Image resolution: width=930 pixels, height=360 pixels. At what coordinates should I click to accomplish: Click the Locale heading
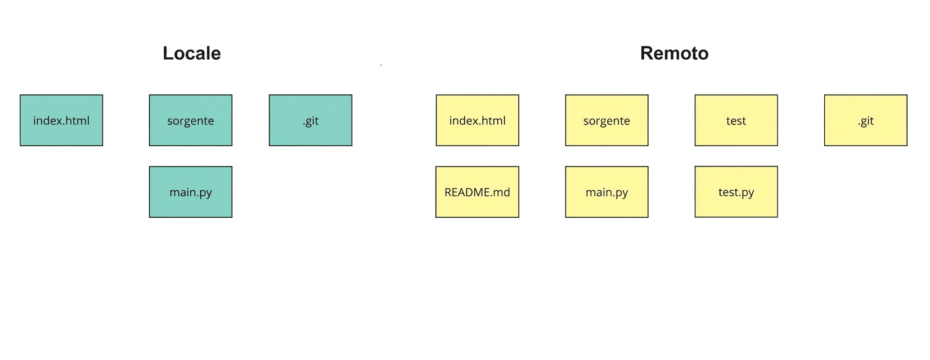pos(191,53)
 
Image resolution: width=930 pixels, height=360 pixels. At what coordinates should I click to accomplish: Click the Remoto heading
pos(674,53)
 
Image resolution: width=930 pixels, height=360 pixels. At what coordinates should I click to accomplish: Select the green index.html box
pos(61,120)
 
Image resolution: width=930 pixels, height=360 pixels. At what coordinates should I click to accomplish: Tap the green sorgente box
pos(191,120)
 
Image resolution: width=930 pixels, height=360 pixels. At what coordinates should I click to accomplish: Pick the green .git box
pos(311,120)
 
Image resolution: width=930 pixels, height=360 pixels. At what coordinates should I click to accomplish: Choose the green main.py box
pos(191,192)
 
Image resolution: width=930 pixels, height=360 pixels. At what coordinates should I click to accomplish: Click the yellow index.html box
pos(478,120)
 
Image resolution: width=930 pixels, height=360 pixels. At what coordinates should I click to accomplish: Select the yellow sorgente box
pos(606,120)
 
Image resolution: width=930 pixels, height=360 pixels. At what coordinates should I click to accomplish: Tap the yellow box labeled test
pos(736,120)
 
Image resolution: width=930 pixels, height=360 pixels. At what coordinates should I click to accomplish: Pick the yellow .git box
pos(866,120)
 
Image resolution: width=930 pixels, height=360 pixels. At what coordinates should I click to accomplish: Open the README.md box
pos(478,192)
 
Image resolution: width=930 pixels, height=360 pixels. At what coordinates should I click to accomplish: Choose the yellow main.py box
pos(606,192)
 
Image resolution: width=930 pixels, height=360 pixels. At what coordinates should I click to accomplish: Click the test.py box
pos(736,192)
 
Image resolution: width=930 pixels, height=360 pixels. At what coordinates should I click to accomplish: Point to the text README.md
pos(478,192)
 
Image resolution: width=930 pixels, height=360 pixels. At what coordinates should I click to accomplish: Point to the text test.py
pos(736,193)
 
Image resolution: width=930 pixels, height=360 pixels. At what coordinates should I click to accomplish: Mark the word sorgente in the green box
pos(191,121)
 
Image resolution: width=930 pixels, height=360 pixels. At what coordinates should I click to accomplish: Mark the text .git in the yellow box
pos(866,121)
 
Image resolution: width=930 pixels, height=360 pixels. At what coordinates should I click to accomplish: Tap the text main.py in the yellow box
pos(606,193)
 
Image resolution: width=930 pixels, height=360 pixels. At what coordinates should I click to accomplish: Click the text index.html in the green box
pos(61,121)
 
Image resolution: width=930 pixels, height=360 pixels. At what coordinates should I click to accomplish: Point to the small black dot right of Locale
pos(381,65)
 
